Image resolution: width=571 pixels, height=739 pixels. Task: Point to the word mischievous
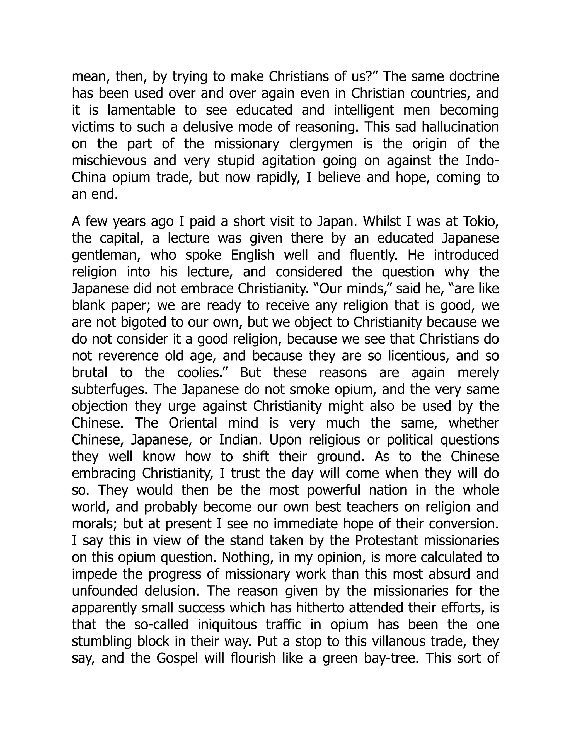pyautogui.click(x=109, y=160)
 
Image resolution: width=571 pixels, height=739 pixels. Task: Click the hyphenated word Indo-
pyautogui.click(x=482, y=160)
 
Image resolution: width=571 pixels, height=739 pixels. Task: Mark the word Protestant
pyautogui.click(x=386, y=541)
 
